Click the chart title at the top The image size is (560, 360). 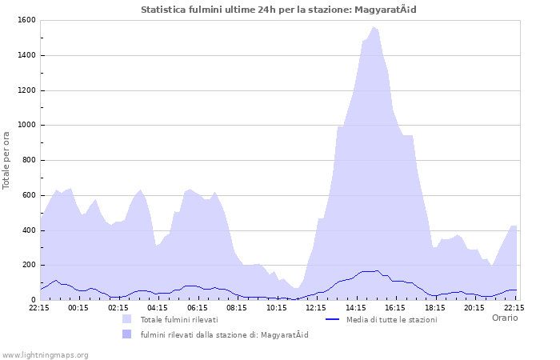[x=278, y=10]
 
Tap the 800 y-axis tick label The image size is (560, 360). [x=28, y=160]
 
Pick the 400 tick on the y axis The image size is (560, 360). [x=28, y=230]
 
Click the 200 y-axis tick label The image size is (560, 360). [x=28, y=265]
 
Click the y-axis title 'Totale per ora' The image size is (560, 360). [x=7, y=160]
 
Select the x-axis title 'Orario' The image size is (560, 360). [x=504, y=318]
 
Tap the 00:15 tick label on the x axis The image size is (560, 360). [x=78, y=307]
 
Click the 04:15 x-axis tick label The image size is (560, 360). [x=158, y=307]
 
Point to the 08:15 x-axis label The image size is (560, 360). [x=237, y=307]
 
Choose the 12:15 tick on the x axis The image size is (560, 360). [x=316, y=307]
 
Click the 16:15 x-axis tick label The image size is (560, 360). [x=395, y=307]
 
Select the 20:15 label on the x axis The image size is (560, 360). [x=474, y=307]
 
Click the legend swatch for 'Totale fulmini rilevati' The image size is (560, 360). [x=127, y=319]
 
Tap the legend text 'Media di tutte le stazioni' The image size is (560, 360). [x=391, y=319]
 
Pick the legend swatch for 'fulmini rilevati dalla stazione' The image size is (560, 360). [x=127, y=334]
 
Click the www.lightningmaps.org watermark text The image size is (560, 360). [x=46, y=354]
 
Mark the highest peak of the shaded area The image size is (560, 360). [x=373, y=27]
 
